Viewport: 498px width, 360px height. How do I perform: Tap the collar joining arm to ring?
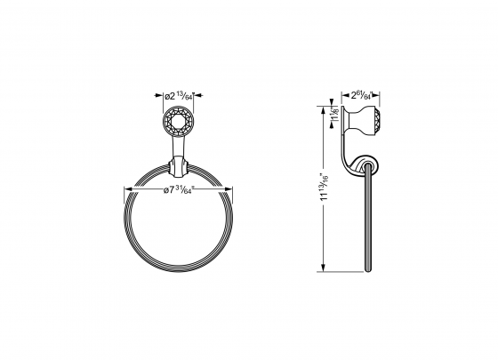pos(179,166)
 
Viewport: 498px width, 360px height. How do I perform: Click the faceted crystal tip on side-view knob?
pos(379,118)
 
